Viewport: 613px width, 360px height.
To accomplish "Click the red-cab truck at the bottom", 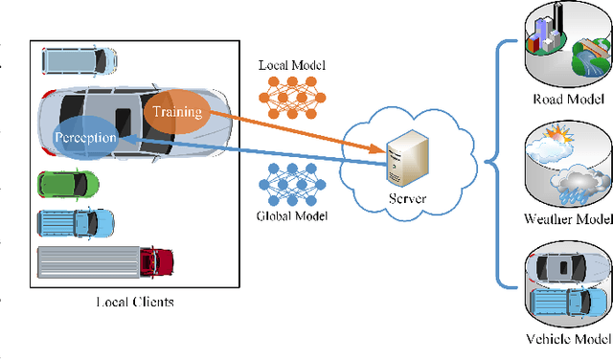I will pos(105,260).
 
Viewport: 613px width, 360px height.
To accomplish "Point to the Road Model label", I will pos(569,98).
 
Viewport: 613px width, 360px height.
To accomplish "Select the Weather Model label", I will pos(569,219).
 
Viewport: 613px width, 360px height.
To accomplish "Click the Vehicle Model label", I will pos(568,339).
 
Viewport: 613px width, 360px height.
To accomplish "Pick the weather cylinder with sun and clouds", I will pos(568,165).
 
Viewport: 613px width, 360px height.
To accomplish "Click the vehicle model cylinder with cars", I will pos(568,285).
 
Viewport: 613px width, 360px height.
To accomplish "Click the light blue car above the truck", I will pos(76,223).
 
